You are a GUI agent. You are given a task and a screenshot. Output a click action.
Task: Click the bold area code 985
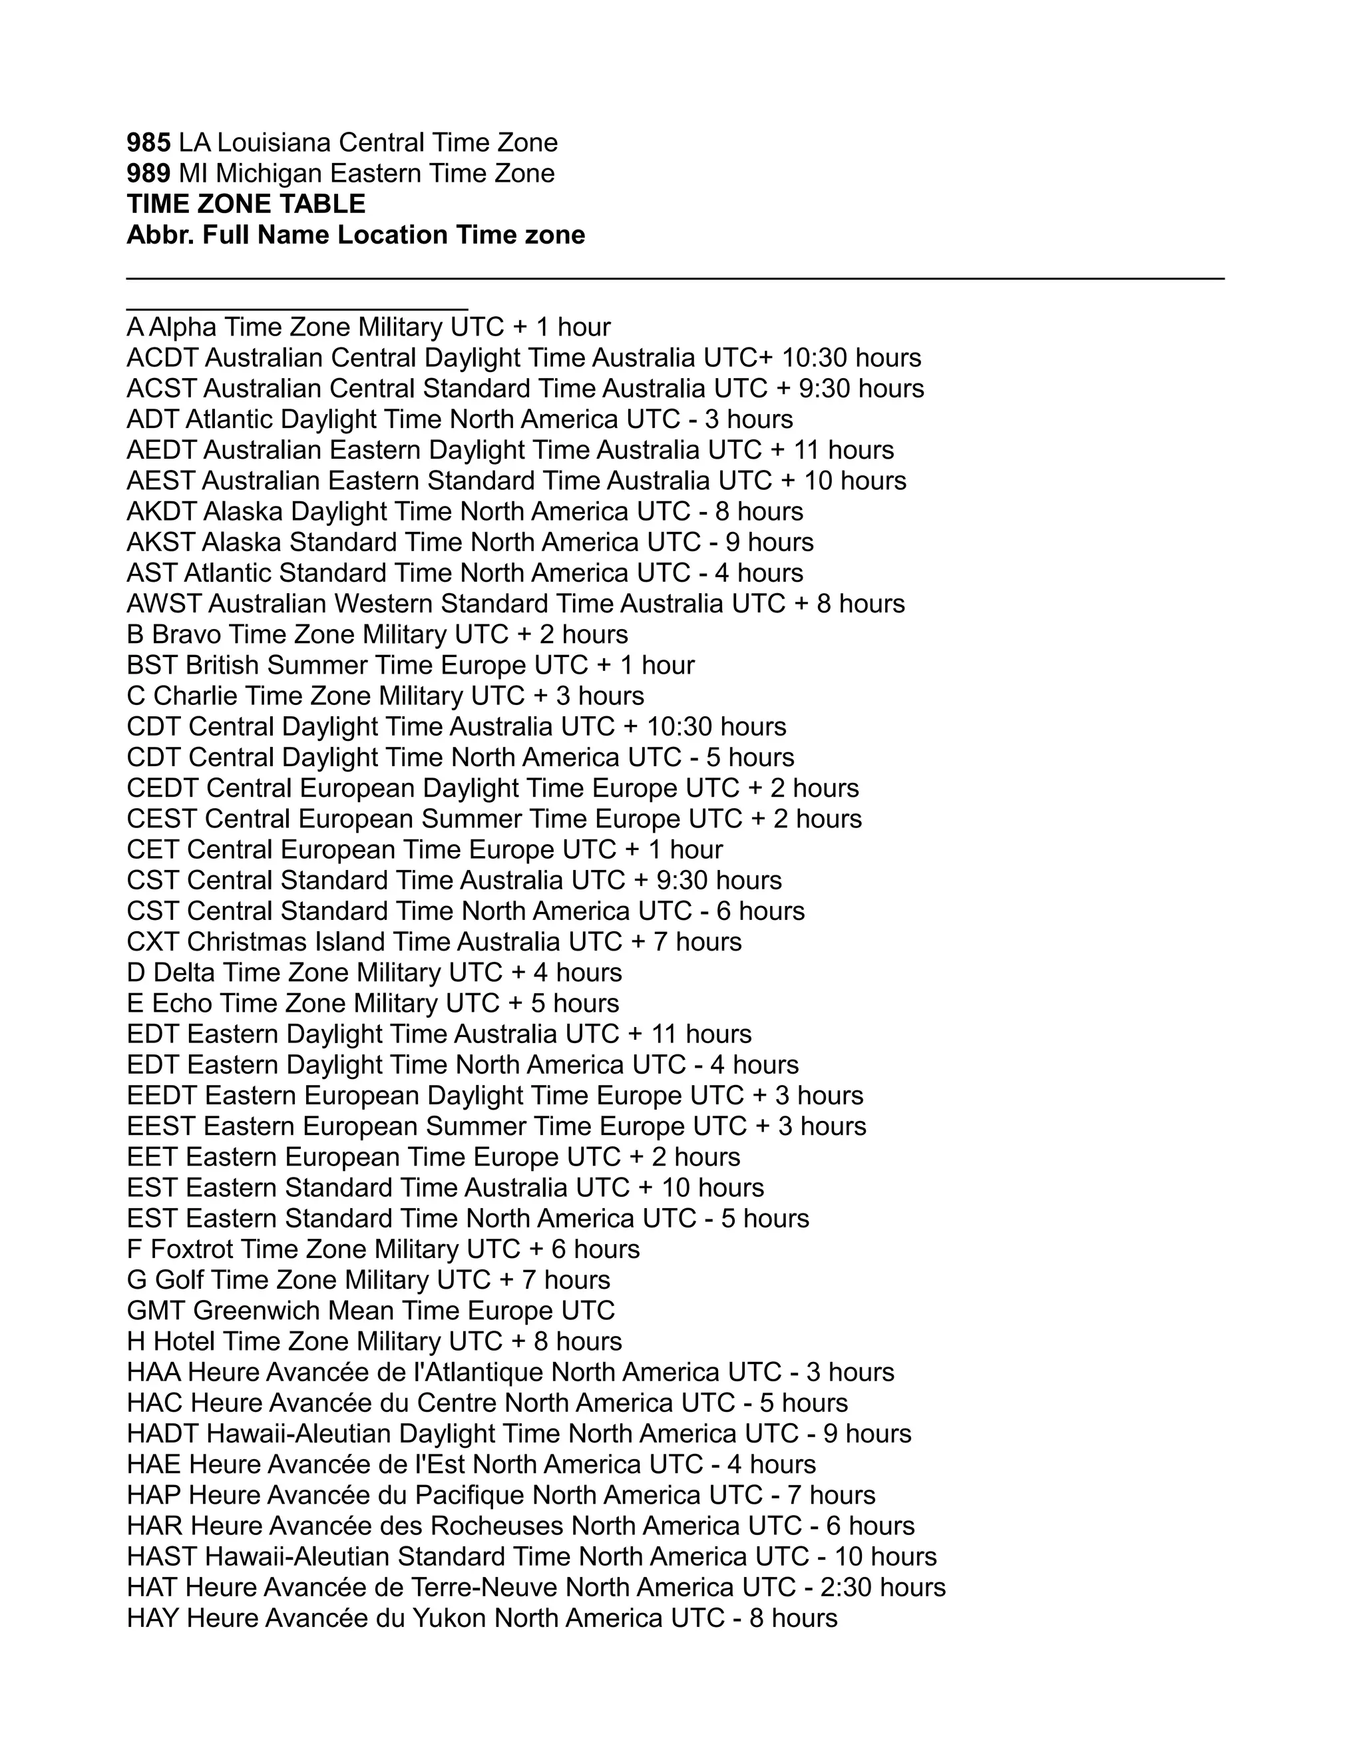pos(148,143)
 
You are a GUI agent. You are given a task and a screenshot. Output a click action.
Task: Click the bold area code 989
pos(148,174)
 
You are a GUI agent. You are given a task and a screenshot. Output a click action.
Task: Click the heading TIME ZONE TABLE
pos(246,204)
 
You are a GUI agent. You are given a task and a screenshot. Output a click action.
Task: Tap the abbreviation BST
pos(152,665)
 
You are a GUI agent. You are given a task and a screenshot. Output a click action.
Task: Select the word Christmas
pos(246,942)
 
